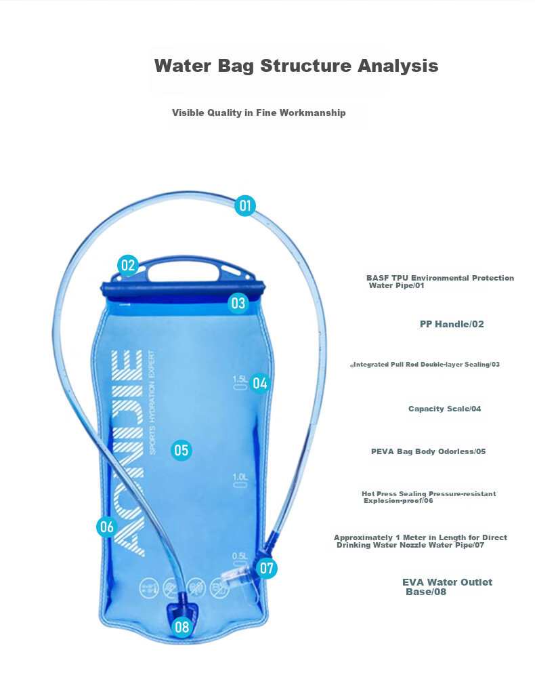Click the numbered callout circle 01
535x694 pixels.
[x=245, y=206]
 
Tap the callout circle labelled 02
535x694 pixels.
[x=128, y=266]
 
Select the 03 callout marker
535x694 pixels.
[x=238, y=303]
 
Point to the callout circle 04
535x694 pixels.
[x=260, y=383]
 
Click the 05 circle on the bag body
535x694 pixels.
[x=181, y=451]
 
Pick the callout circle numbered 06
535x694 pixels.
[x=107, y=527]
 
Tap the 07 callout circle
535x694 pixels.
[x=267, y=568]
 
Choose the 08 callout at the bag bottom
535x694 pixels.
[x=181, y=627]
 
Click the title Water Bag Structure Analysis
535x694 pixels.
[x=296, y=66]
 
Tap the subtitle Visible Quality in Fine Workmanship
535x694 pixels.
[x=259, y=113]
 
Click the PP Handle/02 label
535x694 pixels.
[x=452, y=324]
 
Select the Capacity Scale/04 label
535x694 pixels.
[x=444, y=409]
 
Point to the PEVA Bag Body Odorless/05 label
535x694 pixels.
[x=428, y=451]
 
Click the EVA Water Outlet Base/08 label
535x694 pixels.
[x=447, y=587]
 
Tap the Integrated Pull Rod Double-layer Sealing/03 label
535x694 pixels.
[x=425, y=364]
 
